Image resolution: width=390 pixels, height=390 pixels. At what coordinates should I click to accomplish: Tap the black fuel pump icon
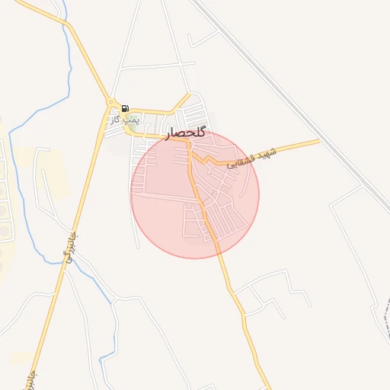[x=125, y=108]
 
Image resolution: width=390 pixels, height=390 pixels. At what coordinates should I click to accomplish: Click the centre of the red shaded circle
[x=195, y=194]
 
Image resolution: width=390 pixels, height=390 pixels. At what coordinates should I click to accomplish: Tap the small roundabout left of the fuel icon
[x=112, y=102]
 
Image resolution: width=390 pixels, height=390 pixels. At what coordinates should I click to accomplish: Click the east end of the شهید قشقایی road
[x=318, y=141]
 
